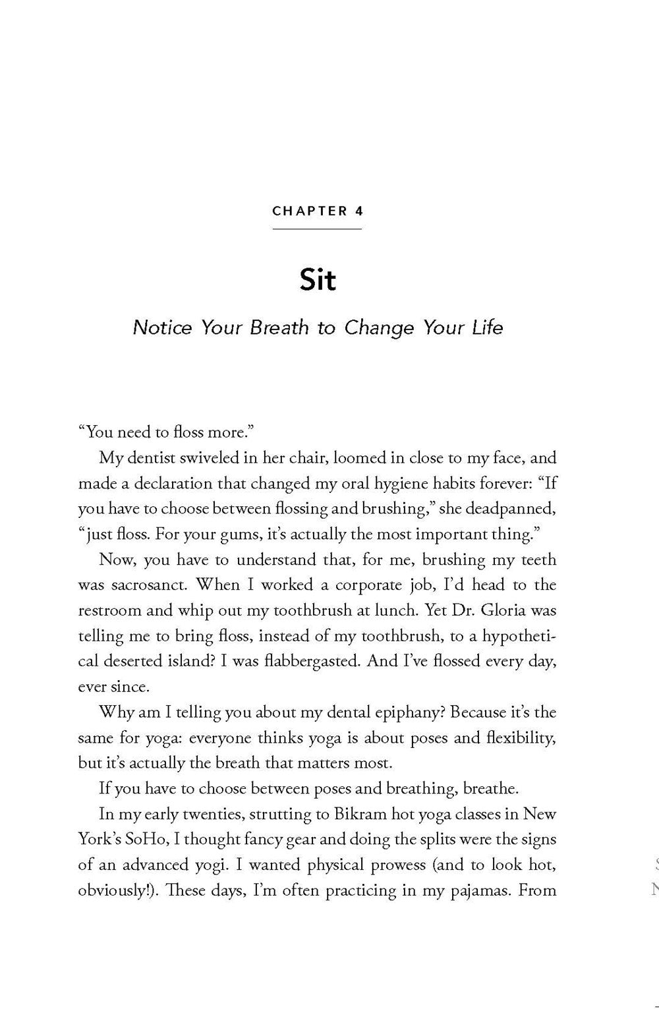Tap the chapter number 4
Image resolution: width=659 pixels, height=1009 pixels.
pos(358,212)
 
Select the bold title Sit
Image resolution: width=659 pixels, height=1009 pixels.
pos(318,280)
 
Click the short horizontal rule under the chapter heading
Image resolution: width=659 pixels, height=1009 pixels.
pos(317,229)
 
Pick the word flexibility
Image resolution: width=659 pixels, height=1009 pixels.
pos(517,737)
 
